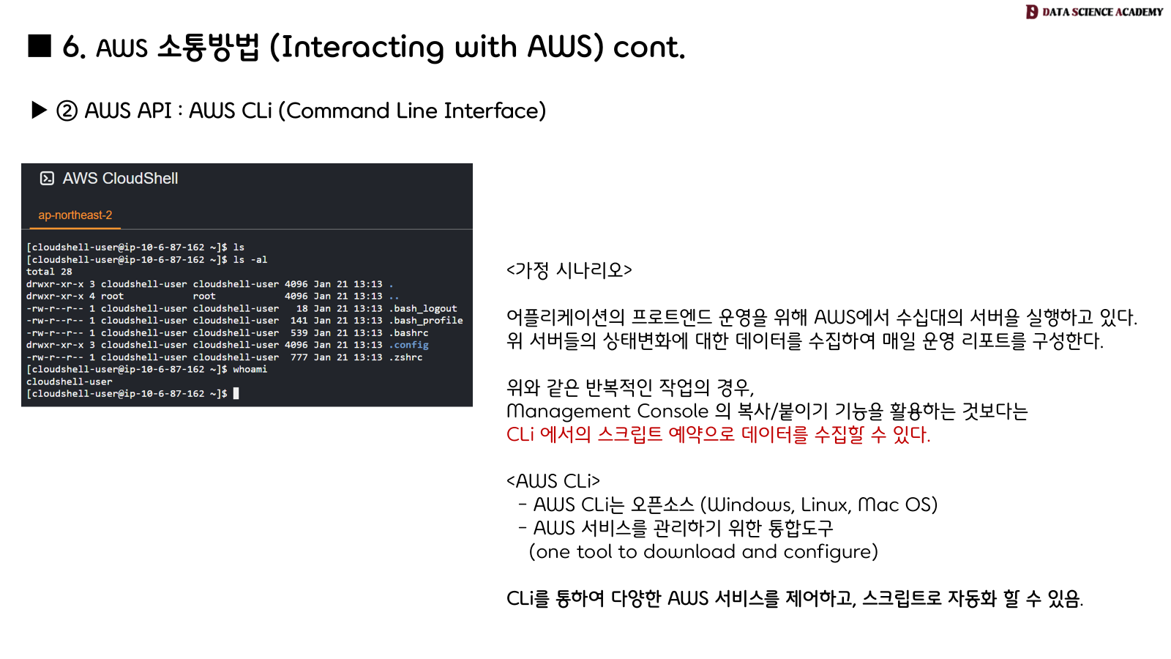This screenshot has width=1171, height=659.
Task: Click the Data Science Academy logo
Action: pos(1093,12)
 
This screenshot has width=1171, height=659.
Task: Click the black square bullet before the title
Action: pos(40,45)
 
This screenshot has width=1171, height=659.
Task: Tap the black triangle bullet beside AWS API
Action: pos(40,111)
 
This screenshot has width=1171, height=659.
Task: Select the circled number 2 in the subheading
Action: pos(67,111)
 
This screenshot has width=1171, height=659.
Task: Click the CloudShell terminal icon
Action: pos(47,178)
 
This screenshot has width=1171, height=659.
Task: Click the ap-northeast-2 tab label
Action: pos(75,215)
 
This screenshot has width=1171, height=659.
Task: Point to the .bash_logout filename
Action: pos(423,309)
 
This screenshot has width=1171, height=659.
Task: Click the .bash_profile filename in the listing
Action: pos(426,321)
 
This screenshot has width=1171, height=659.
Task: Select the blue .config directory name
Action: pos(409,345)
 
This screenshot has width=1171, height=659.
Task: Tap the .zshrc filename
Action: pos(406,357)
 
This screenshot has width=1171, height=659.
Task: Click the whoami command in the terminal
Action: pos(250,370)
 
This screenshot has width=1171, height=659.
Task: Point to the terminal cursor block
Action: pos(236,394)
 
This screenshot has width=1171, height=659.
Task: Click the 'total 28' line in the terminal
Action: pos(49,272)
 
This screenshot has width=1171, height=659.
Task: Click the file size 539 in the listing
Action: pos(299,333)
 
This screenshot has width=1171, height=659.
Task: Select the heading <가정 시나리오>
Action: pos(569,270)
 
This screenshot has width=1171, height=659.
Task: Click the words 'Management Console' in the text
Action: pos(607,411)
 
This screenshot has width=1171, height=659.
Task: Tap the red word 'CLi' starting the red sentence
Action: pos(520,434)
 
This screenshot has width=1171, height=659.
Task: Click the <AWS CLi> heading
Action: pos(553,481)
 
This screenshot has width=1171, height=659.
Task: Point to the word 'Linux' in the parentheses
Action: pos(825,505)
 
